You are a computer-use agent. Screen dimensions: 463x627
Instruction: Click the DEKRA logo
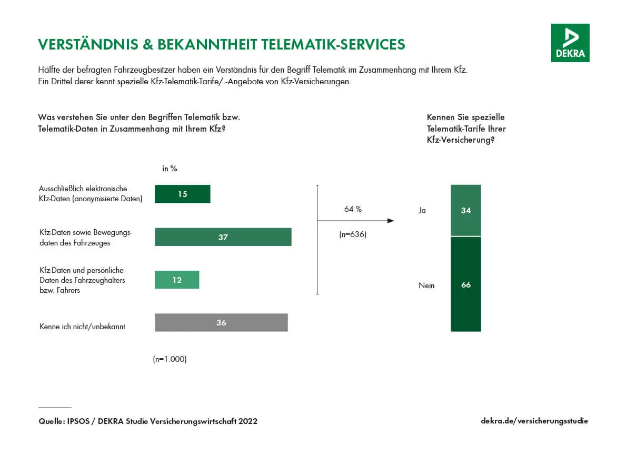point(570,43)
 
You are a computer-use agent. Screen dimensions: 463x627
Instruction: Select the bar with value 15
point(182,194)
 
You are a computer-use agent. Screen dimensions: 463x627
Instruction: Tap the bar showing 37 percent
point(223,237)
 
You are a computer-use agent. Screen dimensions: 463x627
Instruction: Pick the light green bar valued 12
point(177,280)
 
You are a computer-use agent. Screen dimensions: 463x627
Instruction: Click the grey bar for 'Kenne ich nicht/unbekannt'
point(221,322)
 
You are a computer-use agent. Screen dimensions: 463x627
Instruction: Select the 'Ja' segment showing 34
point(465,210)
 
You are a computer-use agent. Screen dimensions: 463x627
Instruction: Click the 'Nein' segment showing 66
point(465,284)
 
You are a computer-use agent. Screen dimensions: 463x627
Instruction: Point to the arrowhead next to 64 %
point(391,221)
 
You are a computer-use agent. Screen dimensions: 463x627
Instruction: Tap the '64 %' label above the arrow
point(353,209)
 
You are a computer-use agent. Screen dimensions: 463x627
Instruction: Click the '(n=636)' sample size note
point(353,234)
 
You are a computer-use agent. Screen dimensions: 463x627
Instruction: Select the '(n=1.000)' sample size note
point(170,359)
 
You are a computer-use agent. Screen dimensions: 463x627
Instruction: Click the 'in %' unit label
point(170,169)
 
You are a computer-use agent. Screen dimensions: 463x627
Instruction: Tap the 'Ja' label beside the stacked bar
point(422,210)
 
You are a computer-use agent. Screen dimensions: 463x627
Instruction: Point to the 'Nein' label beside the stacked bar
point(426,285)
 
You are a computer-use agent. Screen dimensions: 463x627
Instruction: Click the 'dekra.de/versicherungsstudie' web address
point(534,421)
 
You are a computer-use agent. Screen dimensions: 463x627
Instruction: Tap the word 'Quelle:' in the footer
point(52,421)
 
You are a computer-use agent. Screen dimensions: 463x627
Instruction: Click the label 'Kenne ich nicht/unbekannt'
point(82,327)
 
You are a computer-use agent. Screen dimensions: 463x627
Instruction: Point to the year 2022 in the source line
point(248,421)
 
